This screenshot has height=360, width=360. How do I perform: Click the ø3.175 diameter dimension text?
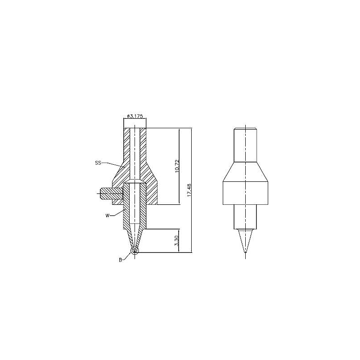click(x=135, y=116)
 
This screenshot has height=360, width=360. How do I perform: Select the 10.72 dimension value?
click(x=176, y=166)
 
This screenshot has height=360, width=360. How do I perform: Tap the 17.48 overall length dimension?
click(x=189, y=189)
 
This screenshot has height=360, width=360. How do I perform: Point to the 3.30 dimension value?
click(x=176, y=241)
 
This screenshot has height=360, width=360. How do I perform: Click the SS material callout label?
click(x=98, y=163)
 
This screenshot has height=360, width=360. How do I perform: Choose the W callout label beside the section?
click(x=107, y=216)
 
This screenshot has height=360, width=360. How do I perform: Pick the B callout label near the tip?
click(x=120, y=260)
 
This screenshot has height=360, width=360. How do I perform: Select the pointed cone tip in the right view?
click(x=245, y=241)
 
